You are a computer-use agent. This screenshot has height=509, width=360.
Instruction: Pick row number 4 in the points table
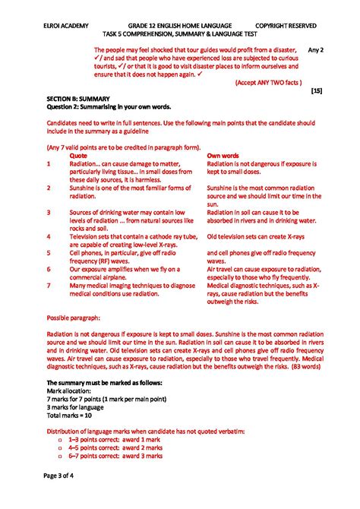(49, 236)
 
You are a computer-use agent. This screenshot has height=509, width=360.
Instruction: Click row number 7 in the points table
(49, 285)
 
